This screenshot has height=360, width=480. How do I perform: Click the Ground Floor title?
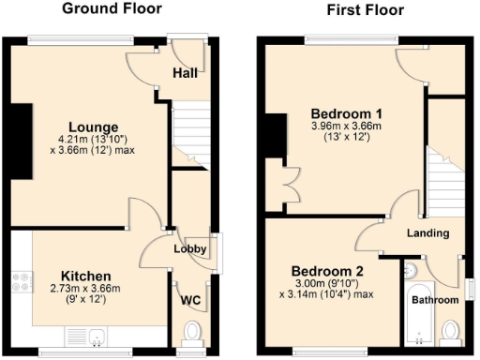(x=112, y=9)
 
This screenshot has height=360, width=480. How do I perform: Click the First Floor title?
(x=365, y=10)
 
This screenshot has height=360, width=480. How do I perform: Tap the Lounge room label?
(x=92, y=127)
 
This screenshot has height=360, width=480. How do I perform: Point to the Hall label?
(x=185, y=73)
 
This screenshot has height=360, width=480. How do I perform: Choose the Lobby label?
(x=189, y=249)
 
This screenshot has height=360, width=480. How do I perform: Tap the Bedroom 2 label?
(x=326, y=273)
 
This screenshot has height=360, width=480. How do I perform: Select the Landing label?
(x=427, y=232)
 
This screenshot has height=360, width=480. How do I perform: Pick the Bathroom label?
(x=437, y=300)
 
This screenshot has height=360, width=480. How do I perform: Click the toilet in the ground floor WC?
(x=193, y=332)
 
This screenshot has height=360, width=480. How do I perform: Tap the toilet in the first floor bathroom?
(x=451, y=331)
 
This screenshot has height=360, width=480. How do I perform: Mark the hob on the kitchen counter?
(x=22, y=277)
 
